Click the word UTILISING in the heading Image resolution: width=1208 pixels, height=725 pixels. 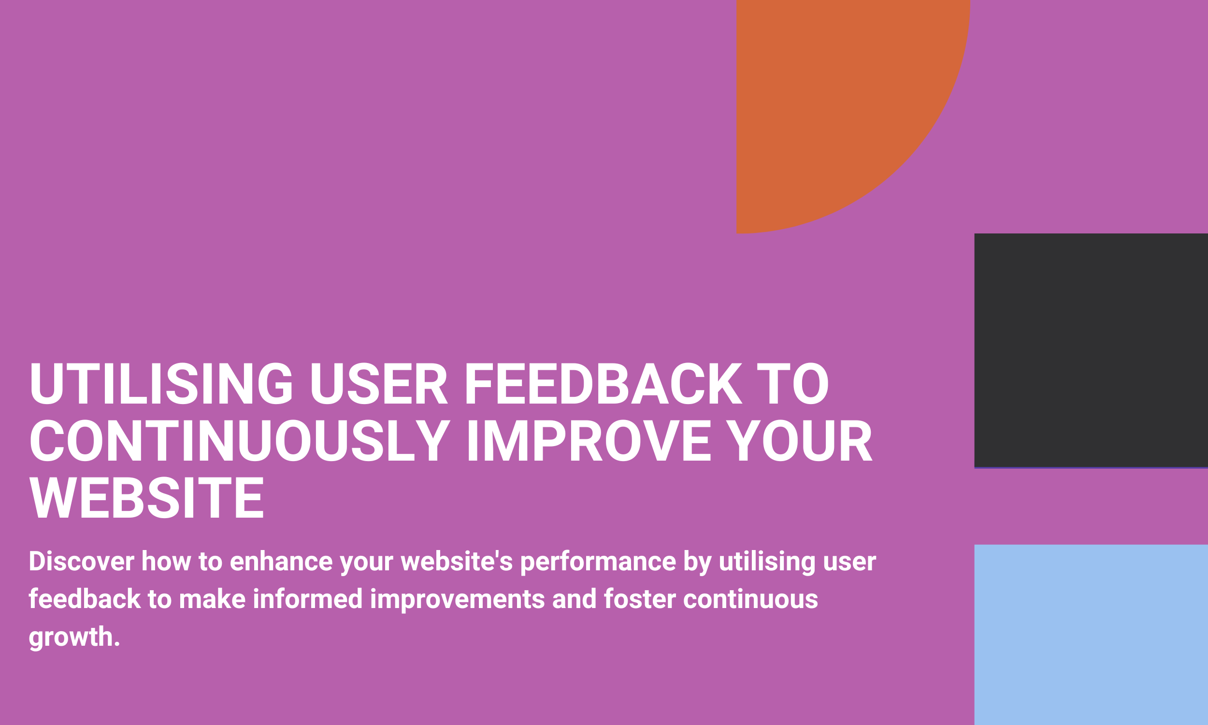tap(161, 383)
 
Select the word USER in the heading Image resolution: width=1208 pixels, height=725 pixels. tap(379, 383)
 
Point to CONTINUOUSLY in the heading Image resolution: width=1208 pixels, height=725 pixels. tap(240, 440)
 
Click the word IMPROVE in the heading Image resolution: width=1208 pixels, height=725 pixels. tap(590, 440)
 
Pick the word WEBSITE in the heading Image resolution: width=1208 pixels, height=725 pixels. tap(147, 497)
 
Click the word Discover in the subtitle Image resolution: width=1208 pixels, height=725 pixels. tap(82, 561)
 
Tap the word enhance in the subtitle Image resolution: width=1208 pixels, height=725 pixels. tap(281, 561)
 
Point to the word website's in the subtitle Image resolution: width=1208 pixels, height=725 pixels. tap(457, 561)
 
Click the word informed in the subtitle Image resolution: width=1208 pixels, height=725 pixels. tap(308, 599)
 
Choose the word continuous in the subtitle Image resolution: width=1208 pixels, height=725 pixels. tap(750, 599)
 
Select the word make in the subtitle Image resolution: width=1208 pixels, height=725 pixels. tap(213, 599)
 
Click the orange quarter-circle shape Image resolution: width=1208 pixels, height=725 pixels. tap(830, 98)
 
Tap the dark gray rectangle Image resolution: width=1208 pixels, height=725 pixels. tap(1091, 351)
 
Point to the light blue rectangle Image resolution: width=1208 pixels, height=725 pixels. tap(1091, 635)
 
